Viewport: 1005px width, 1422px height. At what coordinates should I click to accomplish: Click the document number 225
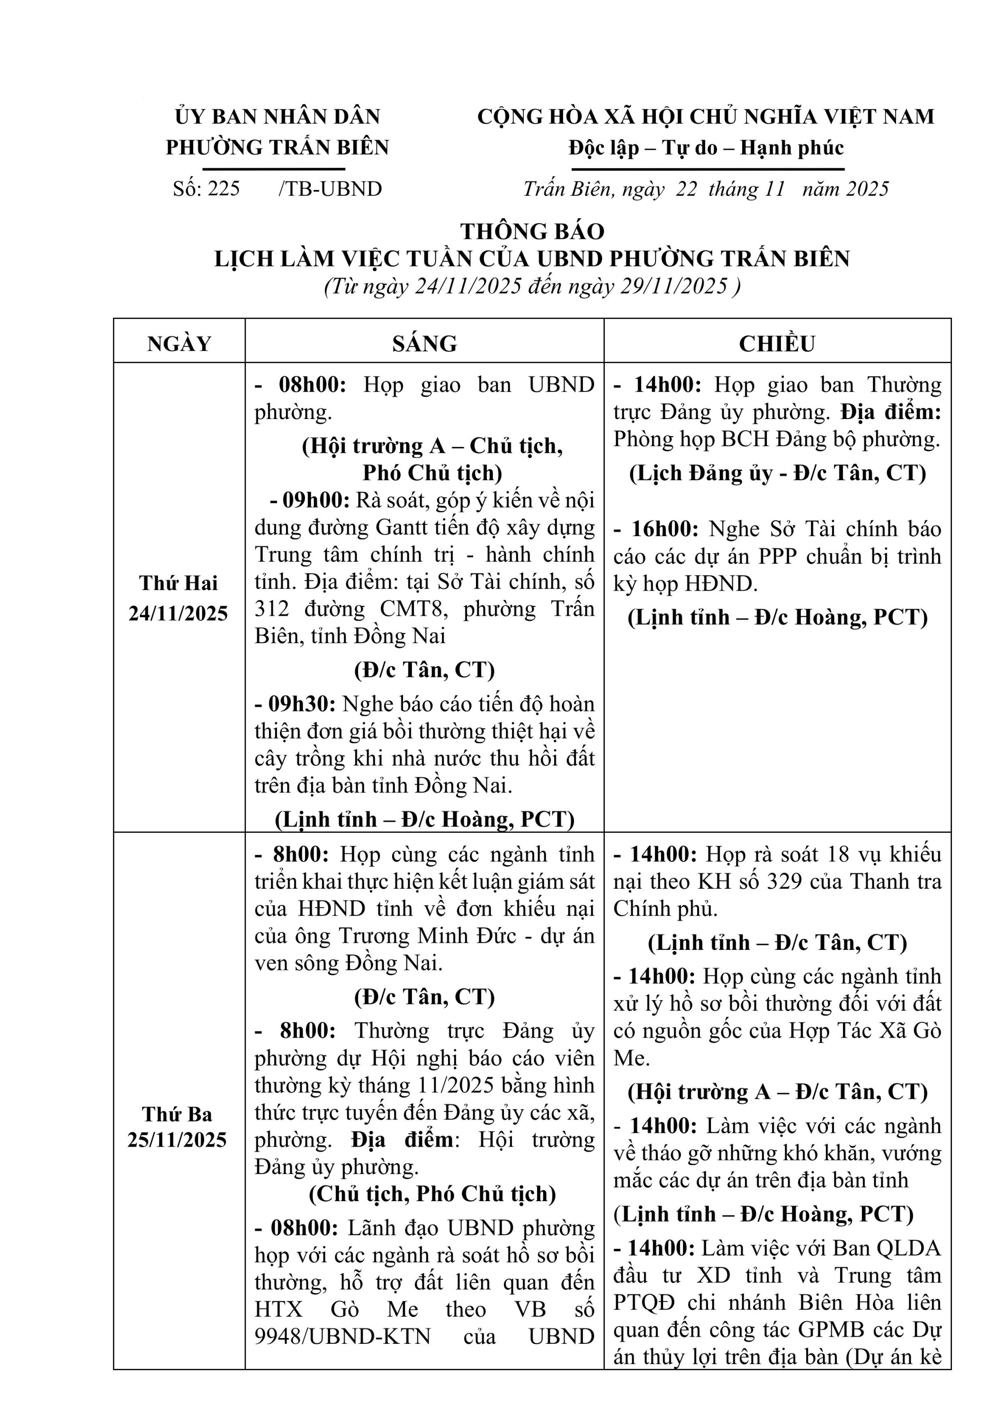(224, 189)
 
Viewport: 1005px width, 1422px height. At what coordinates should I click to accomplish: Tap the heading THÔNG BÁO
(532, 232)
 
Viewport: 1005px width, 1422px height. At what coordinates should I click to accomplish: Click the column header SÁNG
(424, 344)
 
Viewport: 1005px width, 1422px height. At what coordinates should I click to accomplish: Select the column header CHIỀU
(777, 344)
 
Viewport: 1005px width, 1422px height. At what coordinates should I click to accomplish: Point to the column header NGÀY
(179, 344)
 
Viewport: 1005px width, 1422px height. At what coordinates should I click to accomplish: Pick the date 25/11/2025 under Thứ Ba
(178, 1139)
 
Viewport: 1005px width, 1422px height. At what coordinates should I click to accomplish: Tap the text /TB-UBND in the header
(331, 189)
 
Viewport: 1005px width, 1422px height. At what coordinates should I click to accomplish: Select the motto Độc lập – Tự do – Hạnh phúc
(706, 148)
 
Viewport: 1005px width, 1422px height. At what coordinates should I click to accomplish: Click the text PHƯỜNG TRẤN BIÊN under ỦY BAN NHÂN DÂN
(277, 147)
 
